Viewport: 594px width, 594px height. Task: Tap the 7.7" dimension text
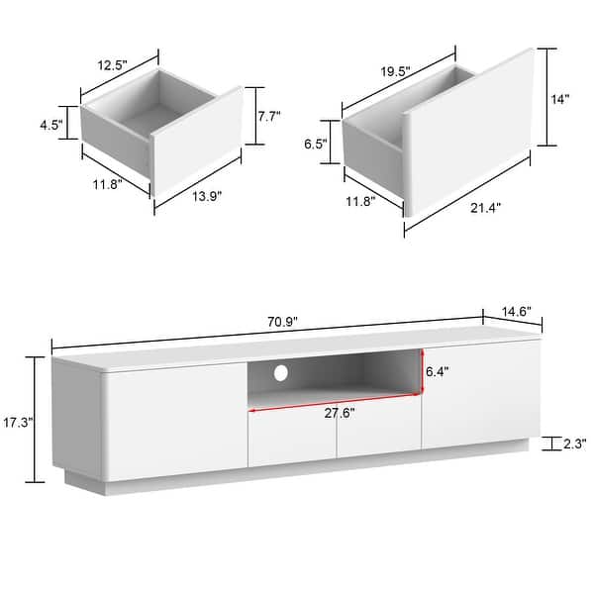click(x=268, y=116)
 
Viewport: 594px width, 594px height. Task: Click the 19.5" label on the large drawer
click(x=393, y=71)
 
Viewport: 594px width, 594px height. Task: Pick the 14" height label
click(x=562, y=99)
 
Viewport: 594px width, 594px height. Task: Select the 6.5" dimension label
click(x=316, y=143)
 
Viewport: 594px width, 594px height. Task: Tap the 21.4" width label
click(x=486, y=208)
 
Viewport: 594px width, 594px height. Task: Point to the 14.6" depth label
click(x=514, y=311)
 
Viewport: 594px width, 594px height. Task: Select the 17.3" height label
click(x=18, y=422)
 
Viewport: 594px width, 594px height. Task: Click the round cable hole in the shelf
click(x=280, y=374)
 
